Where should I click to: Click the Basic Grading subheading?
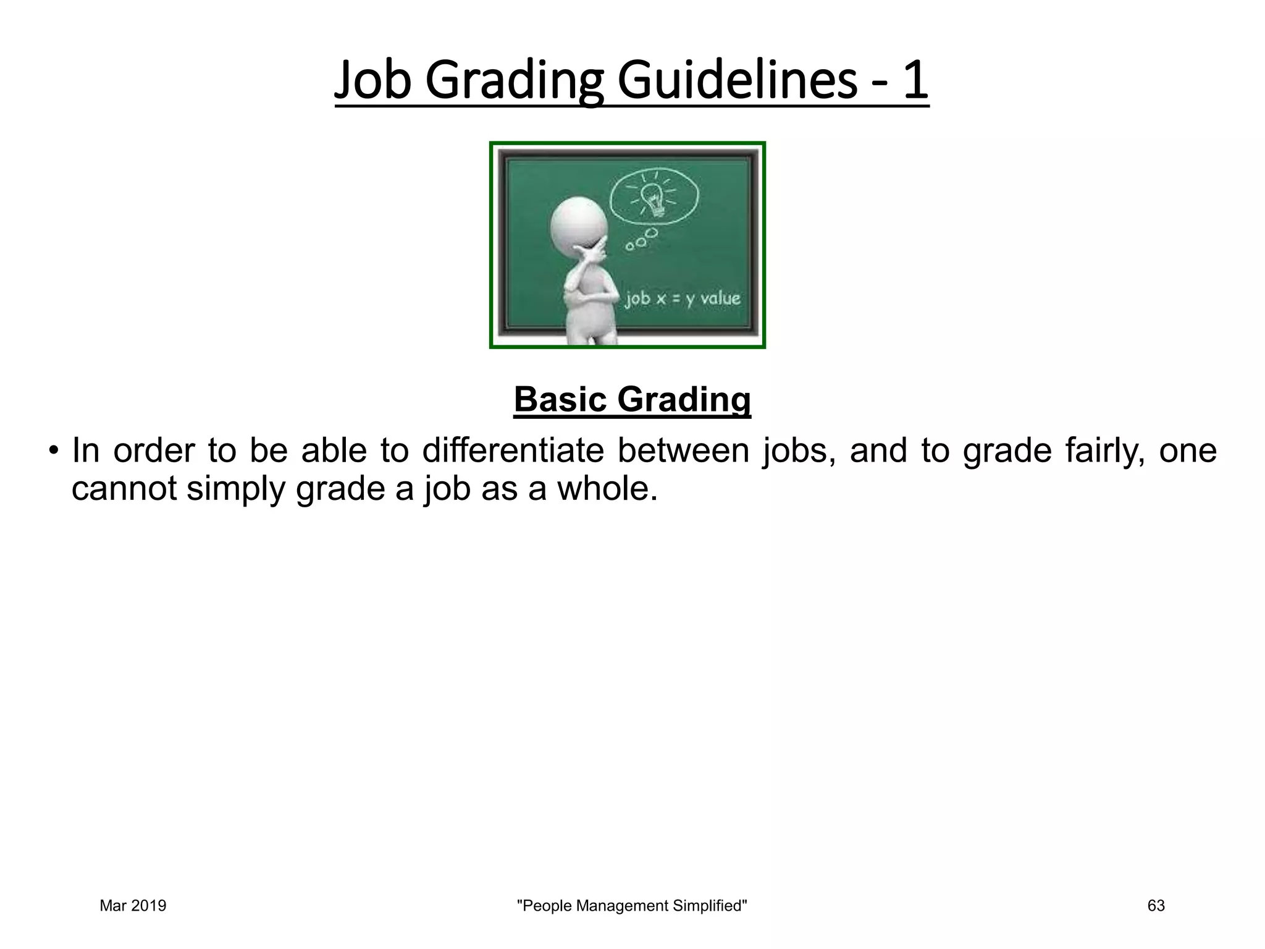point(632,399)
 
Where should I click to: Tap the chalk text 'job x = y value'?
point(682,300)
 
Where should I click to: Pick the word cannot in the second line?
point(124,489)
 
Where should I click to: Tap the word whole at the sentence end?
point(607,489)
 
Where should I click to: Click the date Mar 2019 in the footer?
point(133,906)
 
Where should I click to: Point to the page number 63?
point(1156,906)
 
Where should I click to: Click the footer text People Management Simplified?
point(631,906)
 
